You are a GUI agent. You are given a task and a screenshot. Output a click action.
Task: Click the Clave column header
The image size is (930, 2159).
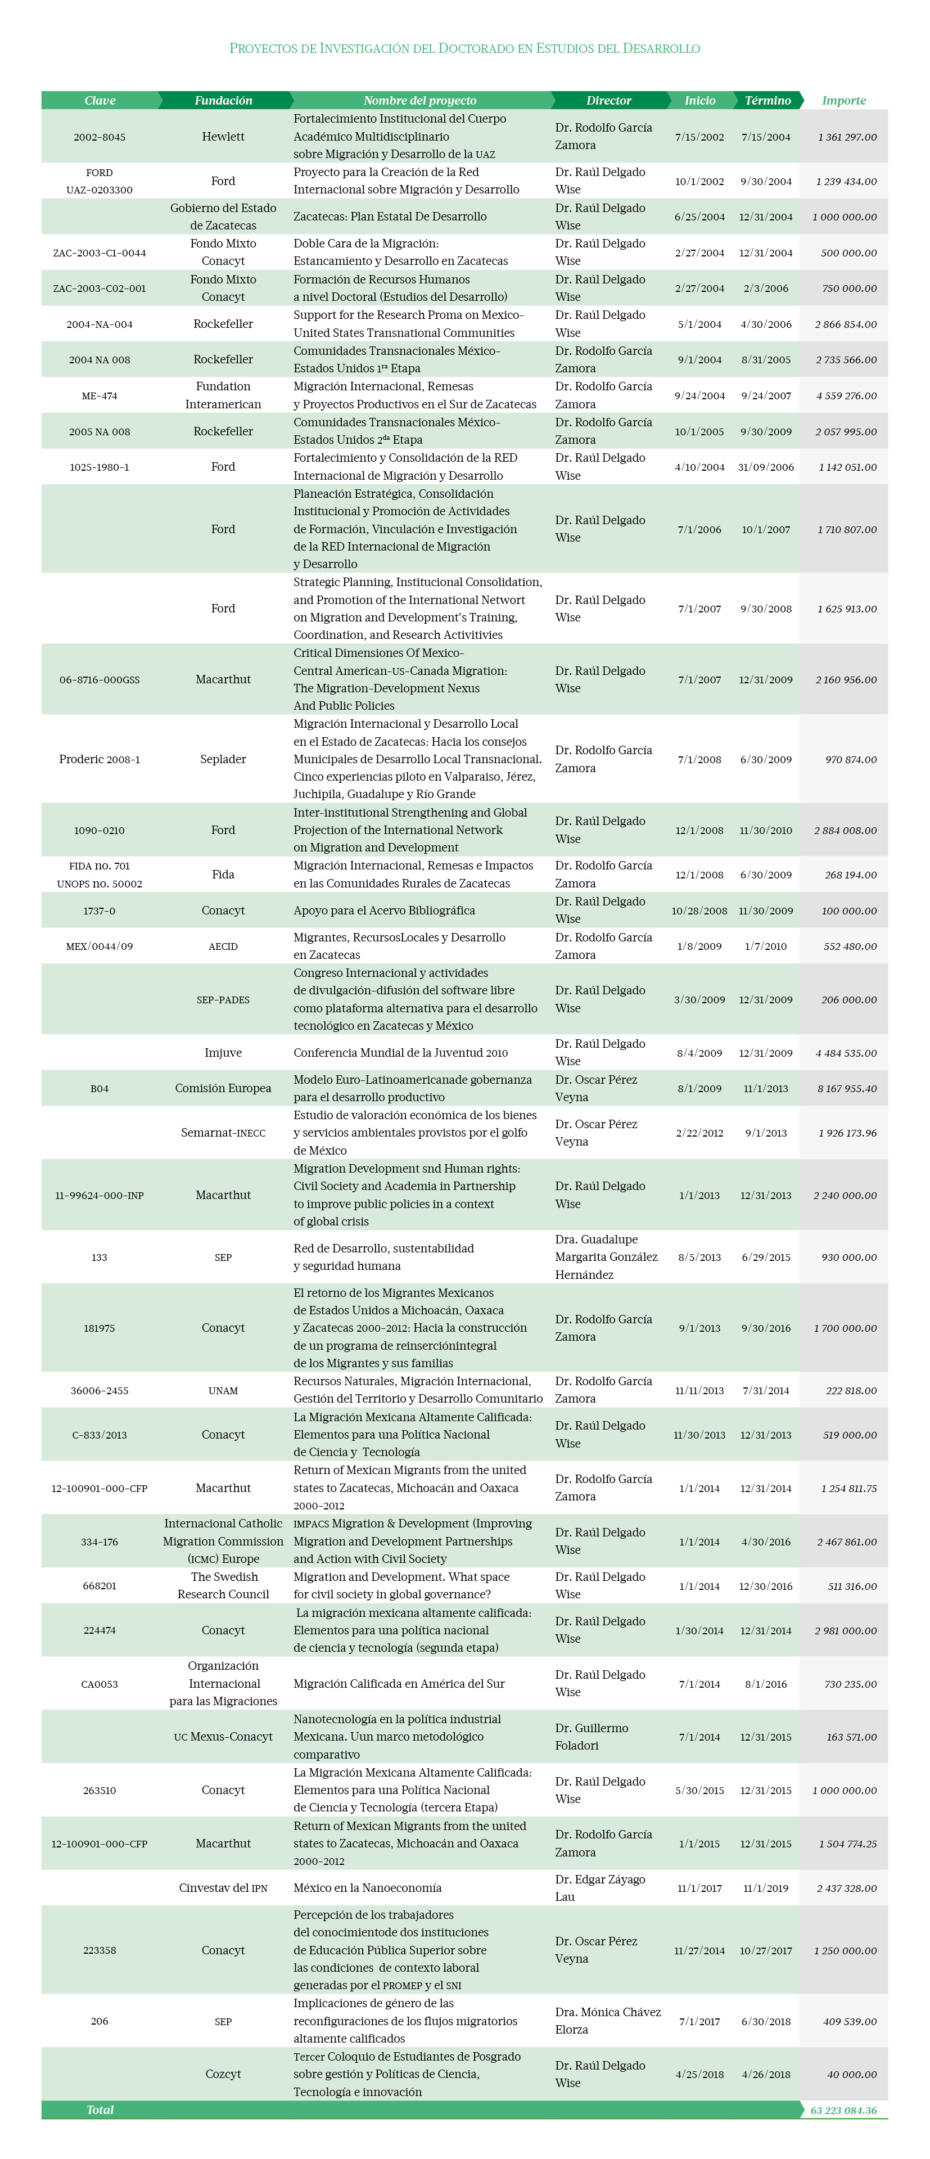tap(100, 101)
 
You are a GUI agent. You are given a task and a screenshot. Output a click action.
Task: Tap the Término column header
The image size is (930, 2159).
tap(768, 101)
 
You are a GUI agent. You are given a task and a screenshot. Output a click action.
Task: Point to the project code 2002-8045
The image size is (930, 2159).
tap(99, 137)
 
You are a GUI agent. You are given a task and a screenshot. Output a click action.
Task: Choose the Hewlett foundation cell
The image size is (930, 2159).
tap(223, 137)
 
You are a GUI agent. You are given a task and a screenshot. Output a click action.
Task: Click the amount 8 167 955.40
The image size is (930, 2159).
tap(847, 1089)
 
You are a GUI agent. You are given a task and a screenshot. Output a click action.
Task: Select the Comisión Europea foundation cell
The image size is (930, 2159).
tap(223, 1089)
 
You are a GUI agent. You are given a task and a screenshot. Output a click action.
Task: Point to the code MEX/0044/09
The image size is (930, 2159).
tap(99, 946)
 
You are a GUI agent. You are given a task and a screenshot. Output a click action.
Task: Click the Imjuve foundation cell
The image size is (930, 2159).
tap(223, 1053)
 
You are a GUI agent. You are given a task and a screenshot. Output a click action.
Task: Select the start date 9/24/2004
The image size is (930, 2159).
tap(699, 395)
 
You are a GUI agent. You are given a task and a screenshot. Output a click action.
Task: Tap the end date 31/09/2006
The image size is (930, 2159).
tap(766, 467)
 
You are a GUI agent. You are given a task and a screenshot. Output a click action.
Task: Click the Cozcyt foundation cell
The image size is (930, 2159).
tap(223, 2074)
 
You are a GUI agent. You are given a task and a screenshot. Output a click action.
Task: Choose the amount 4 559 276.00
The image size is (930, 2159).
tap(846, 395)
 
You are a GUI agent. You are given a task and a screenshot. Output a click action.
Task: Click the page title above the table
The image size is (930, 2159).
tap(465, 48)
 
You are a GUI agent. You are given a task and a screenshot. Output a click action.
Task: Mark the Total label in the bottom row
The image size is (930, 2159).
tap(100, 2111)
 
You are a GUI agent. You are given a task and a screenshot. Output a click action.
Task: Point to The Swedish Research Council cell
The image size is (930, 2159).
tap(223, 1586)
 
